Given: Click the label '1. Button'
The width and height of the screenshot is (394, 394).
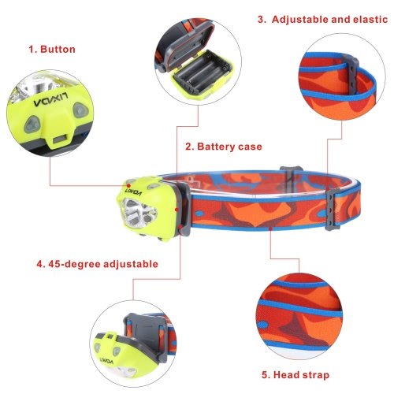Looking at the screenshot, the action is (52, 50).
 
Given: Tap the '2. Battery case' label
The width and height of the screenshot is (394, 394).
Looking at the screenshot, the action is (224, 147).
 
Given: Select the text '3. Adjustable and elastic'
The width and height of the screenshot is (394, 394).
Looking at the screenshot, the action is (322, 20).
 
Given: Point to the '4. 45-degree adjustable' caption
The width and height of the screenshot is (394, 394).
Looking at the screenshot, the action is (97, 264).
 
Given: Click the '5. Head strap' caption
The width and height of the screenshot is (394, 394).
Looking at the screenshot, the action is (295, 375).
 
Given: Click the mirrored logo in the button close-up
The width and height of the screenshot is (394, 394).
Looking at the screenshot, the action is (50, 100).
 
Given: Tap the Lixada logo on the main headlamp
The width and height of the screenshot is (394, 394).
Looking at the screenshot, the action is (133, 192).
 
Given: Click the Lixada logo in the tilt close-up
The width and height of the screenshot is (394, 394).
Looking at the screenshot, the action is (106, 360).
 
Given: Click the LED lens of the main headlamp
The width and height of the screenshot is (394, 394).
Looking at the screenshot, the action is (139, 213).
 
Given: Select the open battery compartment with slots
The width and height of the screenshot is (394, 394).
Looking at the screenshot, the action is (202, 76).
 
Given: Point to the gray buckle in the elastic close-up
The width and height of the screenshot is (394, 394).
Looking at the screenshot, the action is (351, 73).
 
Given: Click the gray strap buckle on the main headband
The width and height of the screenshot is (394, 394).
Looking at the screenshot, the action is (333, 209).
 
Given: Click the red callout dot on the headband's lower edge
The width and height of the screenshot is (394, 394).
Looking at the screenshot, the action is (270, 229).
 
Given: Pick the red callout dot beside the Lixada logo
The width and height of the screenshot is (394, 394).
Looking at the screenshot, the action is (128, 186).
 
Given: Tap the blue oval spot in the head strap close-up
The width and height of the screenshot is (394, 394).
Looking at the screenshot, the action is (262, 325).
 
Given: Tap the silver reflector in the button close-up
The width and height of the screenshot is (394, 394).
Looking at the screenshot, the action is (39, 84).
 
